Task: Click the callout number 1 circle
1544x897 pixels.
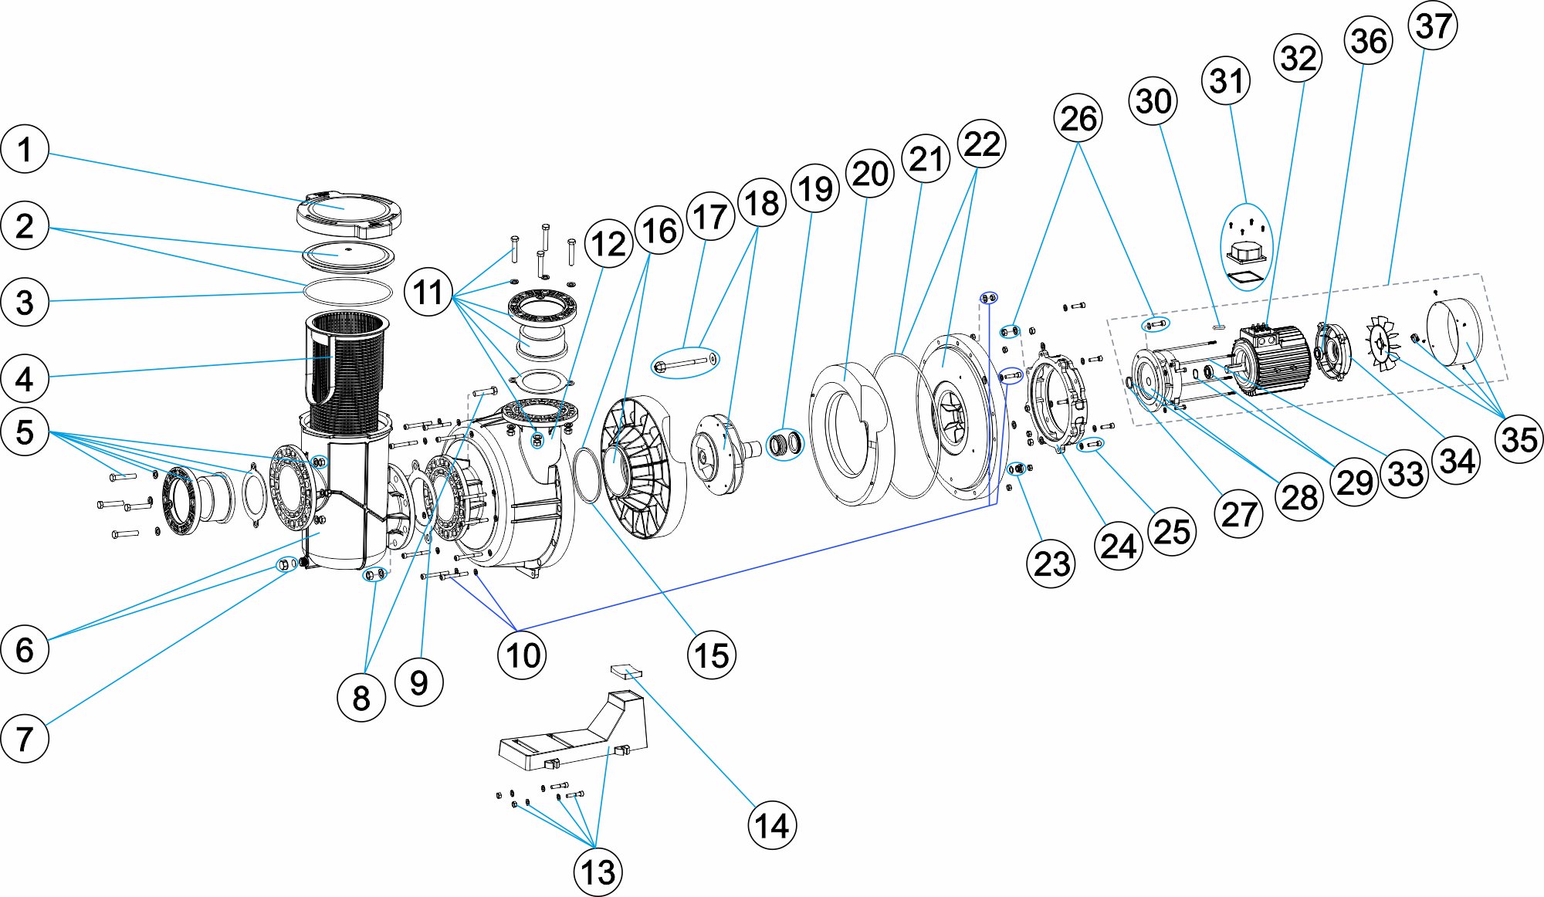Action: click(x=25, y=149)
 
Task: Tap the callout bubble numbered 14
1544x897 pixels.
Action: click(x=771, y=825)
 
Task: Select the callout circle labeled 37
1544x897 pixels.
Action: click(x=1433, y=26)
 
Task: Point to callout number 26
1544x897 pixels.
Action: click(x=1078, y=119)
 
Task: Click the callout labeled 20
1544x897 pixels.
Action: click(x=870, y=174)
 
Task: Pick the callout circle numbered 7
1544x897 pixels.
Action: click(x=25, y=739)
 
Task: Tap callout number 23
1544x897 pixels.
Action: click(x=1051, y=564)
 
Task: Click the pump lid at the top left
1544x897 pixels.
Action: click(x=349, y=213)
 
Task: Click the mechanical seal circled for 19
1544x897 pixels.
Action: click(x=784, y=444)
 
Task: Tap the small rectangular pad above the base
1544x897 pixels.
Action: click(x=625, y=670)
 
